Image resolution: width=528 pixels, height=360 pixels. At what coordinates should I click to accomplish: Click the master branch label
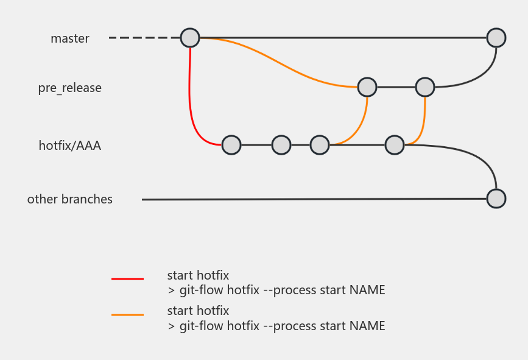(x=69, y=38)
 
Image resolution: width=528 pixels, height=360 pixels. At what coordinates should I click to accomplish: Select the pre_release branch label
(x=69, y=88)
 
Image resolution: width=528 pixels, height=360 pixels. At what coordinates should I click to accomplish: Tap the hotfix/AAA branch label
(x=69, y=146)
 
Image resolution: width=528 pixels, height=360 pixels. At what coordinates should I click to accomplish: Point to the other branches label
(x=69, y=199)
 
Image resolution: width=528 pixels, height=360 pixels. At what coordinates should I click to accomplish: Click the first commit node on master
(x=190, y=38)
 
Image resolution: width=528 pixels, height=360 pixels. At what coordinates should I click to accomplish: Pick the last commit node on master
(x=496, y=38)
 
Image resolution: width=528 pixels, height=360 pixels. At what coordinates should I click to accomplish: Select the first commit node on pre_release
(x=367, y=87)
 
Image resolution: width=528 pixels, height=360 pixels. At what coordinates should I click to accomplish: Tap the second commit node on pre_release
(x=425, y=87)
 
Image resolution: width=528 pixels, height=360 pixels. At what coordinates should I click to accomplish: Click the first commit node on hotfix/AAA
(x=231, y=145)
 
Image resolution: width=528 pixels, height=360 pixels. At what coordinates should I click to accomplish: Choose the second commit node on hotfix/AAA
(x=281, y=145)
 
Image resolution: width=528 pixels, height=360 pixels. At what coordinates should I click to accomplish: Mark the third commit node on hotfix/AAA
(x=320, y=145)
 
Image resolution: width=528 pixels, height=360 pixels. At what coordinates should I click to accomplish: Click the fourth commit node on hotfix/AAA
(x=395, y=145)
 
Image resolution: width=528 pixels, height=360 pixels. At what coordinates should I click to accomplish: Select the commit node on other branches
(x=496, y=199)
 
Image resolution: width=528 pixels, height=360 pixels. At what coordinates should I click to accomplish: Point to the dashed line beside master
(x=144, y=38)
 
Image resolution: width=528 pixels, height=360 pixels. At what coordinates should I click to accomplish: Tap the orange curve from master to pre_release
(x=279, y=63)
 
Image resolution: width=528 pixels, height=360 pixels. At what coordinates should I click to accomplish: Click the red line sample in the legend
(x=128, y=279)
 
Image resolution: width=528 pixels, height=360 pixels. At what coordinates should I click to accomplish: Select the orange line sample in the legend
(x=128, y=315)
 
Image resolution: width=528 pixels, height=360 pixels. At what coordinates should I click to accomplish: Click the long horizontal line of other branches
(x=314, y=199)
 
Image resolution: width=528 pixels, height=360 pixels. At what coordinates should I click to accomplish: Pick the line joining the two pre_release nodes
(x=396, y=87)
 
